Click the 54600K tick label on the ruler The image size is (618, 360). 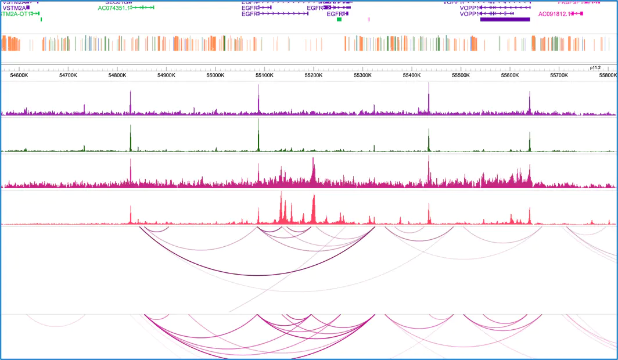[19, 75]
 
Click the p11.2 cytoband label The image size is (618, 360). [595, 67]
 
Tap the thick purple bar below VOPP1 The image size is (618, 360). [505, 19]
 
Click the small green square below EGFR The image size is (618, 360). [339, 20]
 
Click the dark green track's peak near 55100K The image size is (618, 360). [258, 121]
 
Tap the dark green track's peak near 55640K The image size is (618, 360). [530, 134]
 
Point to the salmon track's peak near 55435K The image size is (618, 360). [429, 205]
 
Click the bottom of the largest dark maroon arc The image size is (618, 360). [257, 275]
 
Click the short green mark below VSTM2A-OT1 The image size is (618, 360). [41, 20]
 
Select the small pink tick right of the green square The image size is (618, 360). [369, 20]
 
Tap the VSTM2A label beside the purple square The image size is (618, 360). [14, 8]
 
